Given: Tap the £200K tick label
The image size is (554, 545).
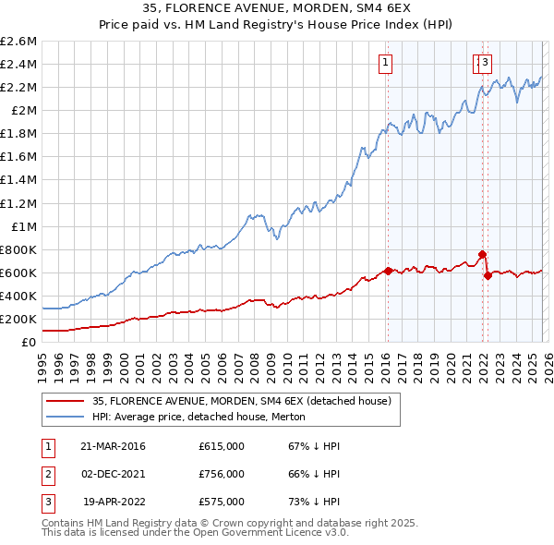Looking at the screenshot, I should (18, 319).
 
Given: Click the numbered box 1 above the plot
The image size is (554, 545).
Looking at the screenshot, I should (384, 63).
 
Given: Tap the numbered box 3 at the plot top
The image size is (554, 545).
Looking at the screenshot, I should (485, 63).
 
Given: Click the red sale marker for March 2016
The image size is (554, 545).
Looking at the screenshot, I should (388, 271).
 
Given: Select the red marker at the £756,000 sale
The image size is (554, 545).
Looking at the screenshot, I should (481, 254).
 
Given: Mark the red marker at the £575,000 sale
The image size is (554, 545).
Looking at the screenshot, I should (488, 275).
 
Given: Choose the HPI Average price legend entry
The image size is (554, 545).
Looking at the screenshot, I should (198, 418).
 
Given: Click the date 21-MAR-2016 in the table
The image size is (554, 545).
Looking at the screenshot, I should (113, 446).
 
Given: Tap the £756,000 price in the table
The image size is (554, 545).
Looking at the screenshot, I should (222, 474).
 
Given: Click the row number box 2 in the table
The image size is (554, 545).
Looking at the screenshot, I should (46, 474).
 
